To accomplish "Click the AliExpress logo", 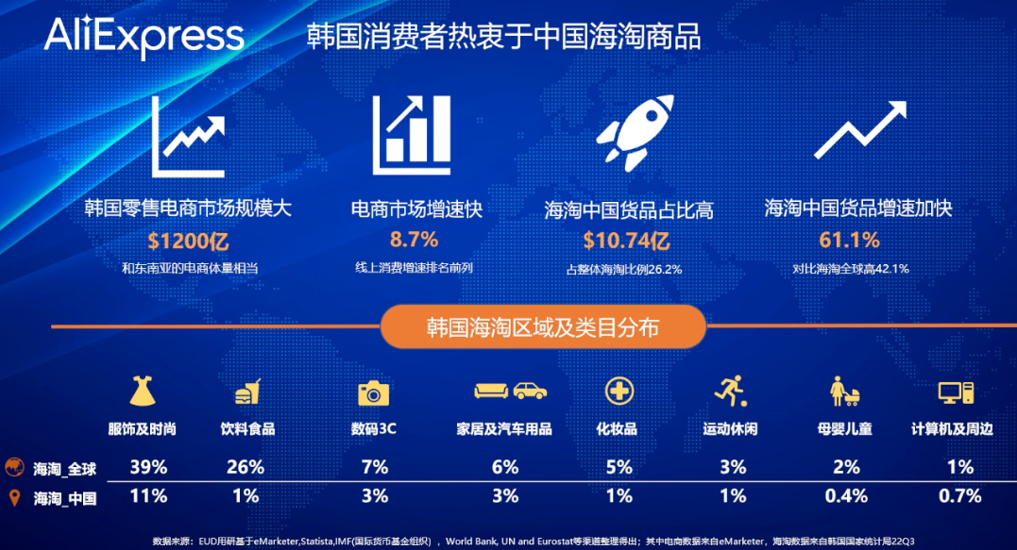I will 144,37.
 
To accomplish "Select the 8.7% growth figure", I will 414,240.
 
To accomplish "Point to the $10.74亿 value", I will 626,242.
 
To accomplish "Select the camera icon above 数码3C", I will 374,392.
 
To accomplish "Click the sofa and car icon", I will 511,391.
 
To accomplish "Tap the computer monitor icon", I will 955,392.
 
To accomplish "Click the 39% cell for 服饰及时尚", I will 149,467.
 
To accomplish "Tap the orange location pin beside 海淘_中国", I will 14,497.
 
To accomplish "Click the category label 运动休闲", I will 730,429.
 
